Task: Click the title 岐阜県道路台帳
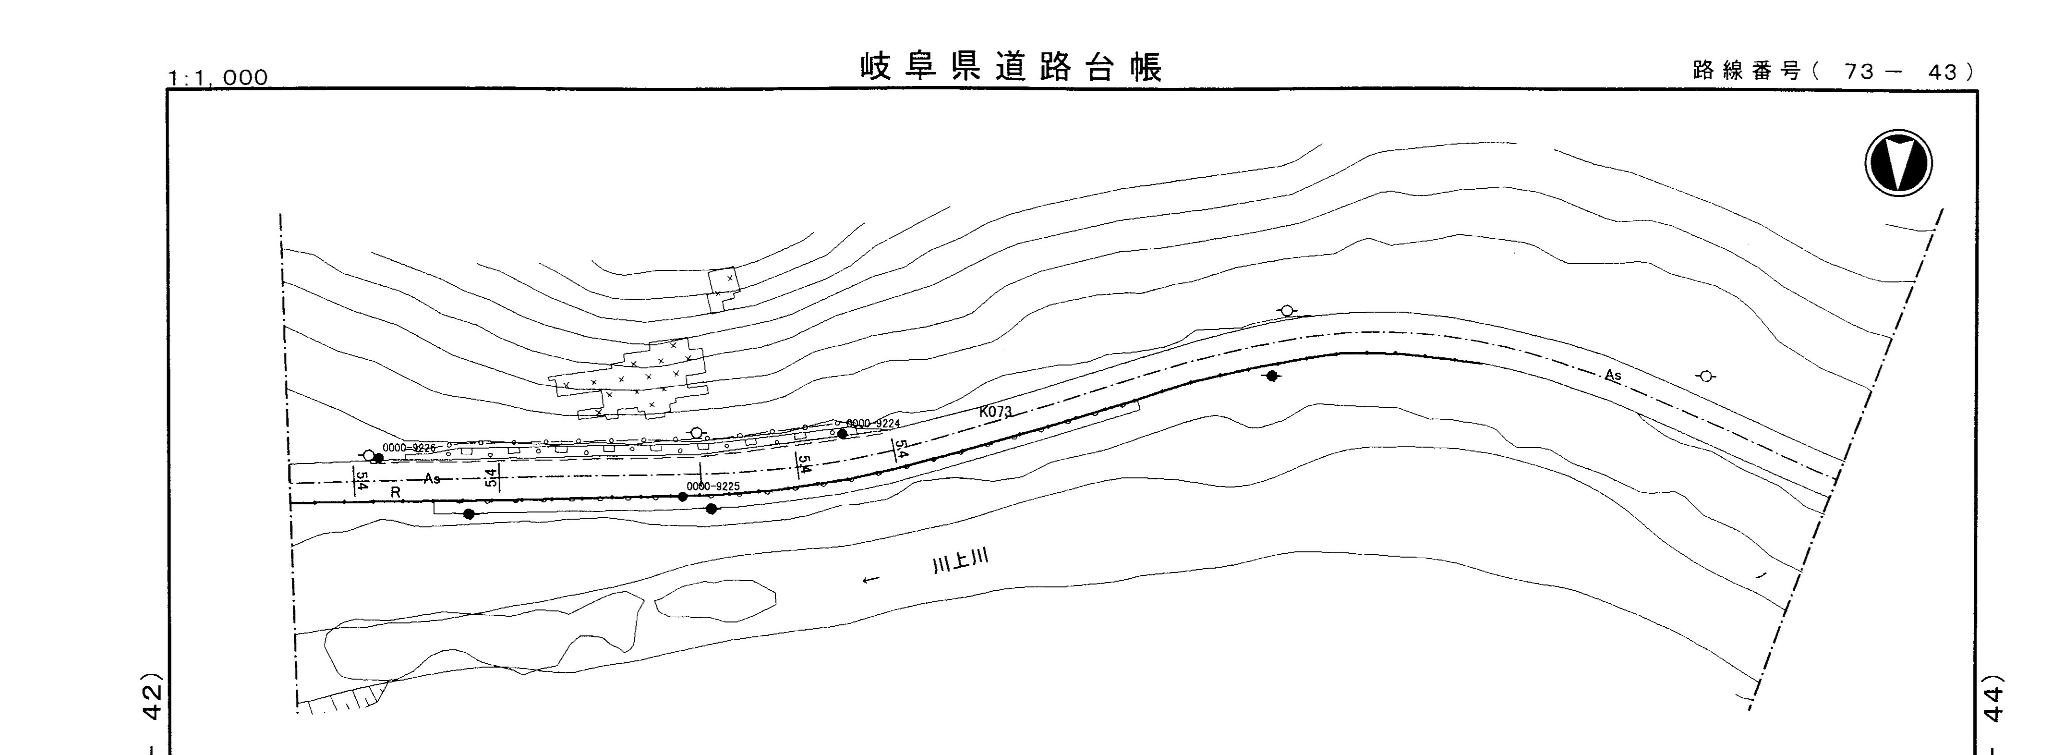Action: tap(1011, 68)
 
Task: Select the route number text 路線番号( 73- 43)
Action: tap(1833, 72)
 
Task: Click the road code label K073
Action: tap(995, 412)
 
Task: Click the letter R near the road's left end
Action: tap(395, 493)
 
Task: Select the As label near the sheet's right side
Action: tap(1613, 375)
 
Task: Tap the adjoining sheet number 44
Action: tap(1990, 703)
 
